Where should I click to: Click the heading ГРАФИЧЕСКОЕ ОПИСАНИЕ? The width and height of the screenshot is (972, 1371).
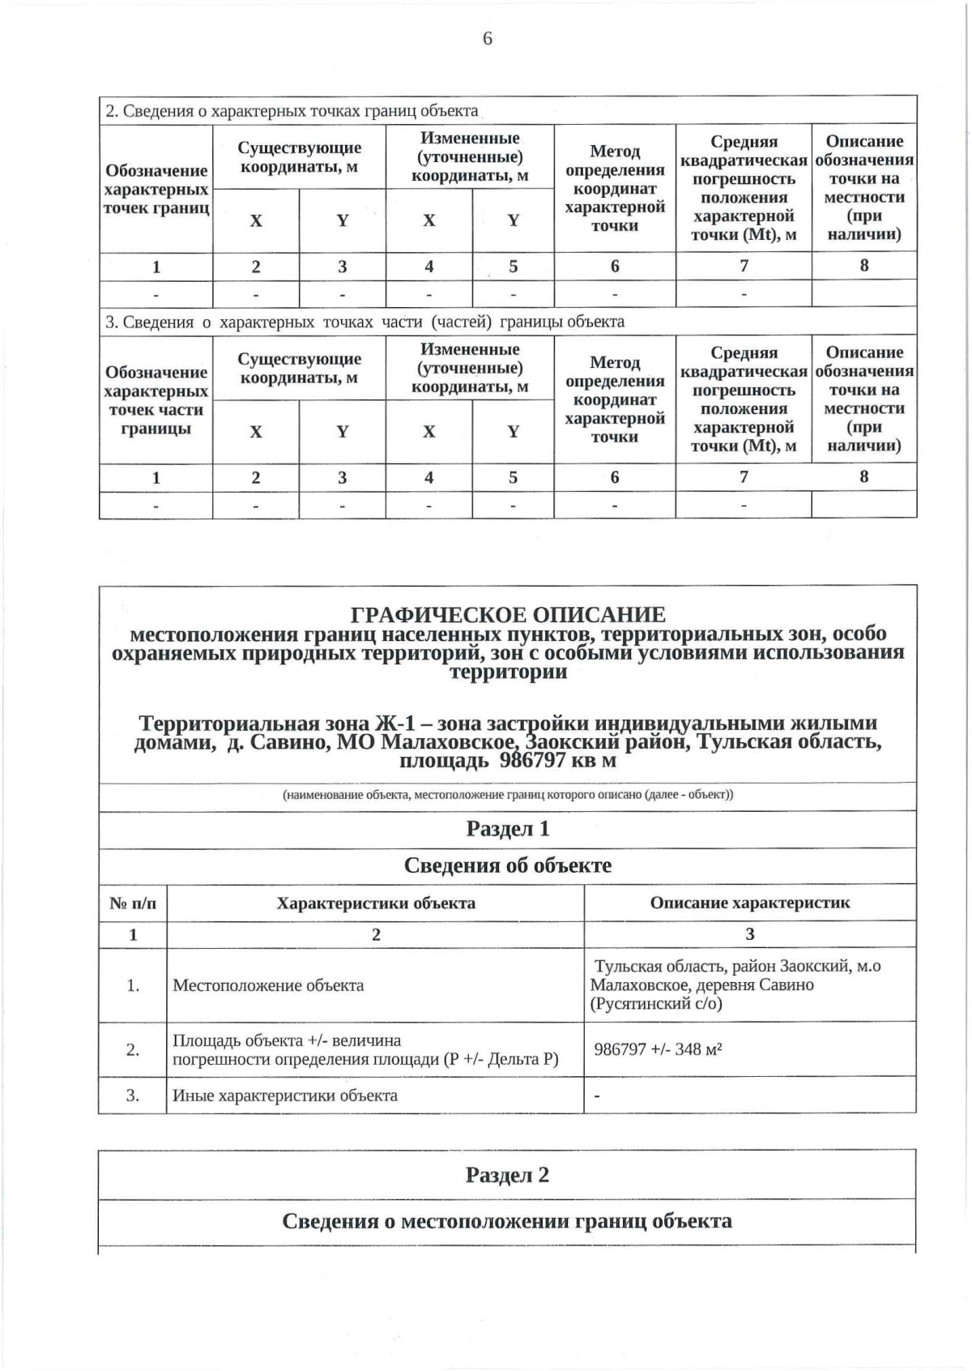pos(508,615)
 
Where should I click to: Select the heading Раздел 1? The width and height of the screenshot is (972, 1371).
pos(508,829)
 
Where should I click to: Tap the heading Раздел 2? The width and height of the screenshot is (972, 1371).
pos(508,1175)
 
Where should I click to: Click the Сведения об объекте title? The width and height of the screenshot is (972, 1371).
pos(508,865)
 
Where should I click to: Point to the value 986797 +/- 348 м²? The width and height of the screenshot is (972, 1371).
pos(658,1049)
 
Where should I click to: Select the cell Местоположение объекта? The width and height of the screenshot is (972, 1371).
pos(268,986)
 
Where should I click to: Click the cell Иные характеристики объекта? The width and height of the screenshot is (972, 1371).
pos(285,1096)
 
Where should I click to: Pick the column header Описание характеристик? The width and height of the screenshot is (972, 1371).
pos(750,903)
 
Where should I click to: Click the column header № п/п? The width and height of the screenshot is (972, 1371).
pos(133,903)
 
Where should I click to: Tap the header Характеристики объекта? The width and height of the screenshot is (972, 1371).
pos(376,903)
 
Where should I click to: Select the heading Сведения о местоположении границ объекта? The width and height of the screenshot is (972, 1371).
pos(508,1221)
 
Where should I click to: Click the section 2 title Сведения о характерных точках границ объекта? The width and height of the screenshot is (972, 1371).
pos(292,111)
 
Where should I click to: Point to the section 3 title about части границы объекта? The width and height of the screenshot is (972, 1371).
pos(365,322)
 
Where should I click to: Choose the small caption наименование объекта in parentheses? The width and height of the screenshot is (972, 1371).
pos(508,795)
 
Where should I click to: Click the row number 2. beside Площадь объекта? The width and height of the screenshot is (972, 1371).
pos(133,1050)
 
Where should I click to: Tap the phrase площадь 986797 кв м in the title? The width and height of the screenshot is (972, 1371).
pos(508,761)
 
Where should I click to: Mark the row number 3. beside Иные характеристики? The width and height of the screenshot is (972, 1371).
pos(133,1096)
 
